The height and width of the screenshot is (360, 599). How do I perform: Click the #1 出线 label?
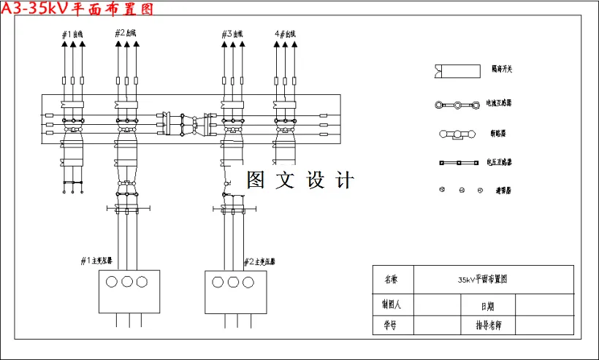click(x=73, y=34)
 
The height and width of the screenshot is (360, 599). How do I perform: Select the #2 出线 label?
click(x=126, y=33)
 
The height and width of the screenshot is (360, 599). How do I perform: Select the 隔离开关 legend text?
click(x=502, y=69)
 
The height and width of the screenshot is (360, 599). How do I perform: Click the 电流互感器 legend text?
click(x=499, y=103)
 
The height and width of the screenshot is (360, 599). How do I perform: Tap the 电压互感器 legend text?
click(x=499, y=162)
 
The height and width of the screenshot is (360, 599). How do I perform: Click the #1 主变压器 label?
click(x=101, y=261)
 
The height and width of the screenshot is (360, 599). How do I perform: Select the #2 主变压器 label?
click(x=259, y=261)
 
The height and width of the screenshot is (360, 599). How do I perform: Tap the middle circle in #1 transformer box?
click(x=128, y=282)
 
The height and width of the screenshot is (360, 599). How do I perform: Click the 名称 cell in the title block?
click(x=392, y=279)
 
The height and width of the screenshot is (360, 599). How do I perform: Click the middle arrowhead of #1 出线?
click(x=73, y=45)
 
